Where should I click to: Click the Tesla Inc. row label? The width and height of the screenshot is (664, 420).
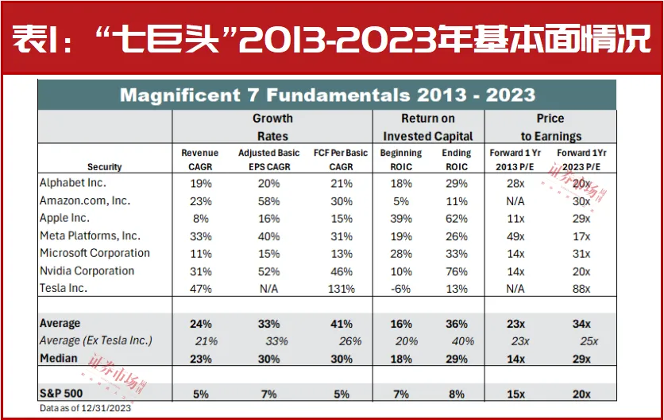point(64,288)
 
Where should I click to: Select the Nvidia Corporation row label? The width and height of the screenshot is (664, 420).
point(87,270)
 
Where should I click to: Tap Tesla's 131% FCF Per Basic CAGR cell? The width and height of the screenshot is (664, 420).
point(341,289)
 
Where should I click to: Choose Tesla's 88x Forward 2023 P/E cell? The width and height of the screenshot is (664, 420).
point(581,289)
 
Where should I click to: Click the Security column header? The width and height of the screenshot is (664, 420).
point(105,167)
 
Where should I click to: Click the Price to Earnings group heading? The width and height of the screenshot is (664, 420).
point(550,127)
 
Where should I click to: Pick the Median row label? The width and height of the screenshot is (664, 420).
point(59,358)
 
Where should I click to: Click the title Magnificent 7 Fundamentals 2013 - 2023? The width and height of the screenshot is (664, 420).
point(326,96)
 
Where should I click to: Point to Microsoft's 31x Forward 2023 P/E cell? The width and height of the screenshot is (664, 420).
point(581,254)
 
